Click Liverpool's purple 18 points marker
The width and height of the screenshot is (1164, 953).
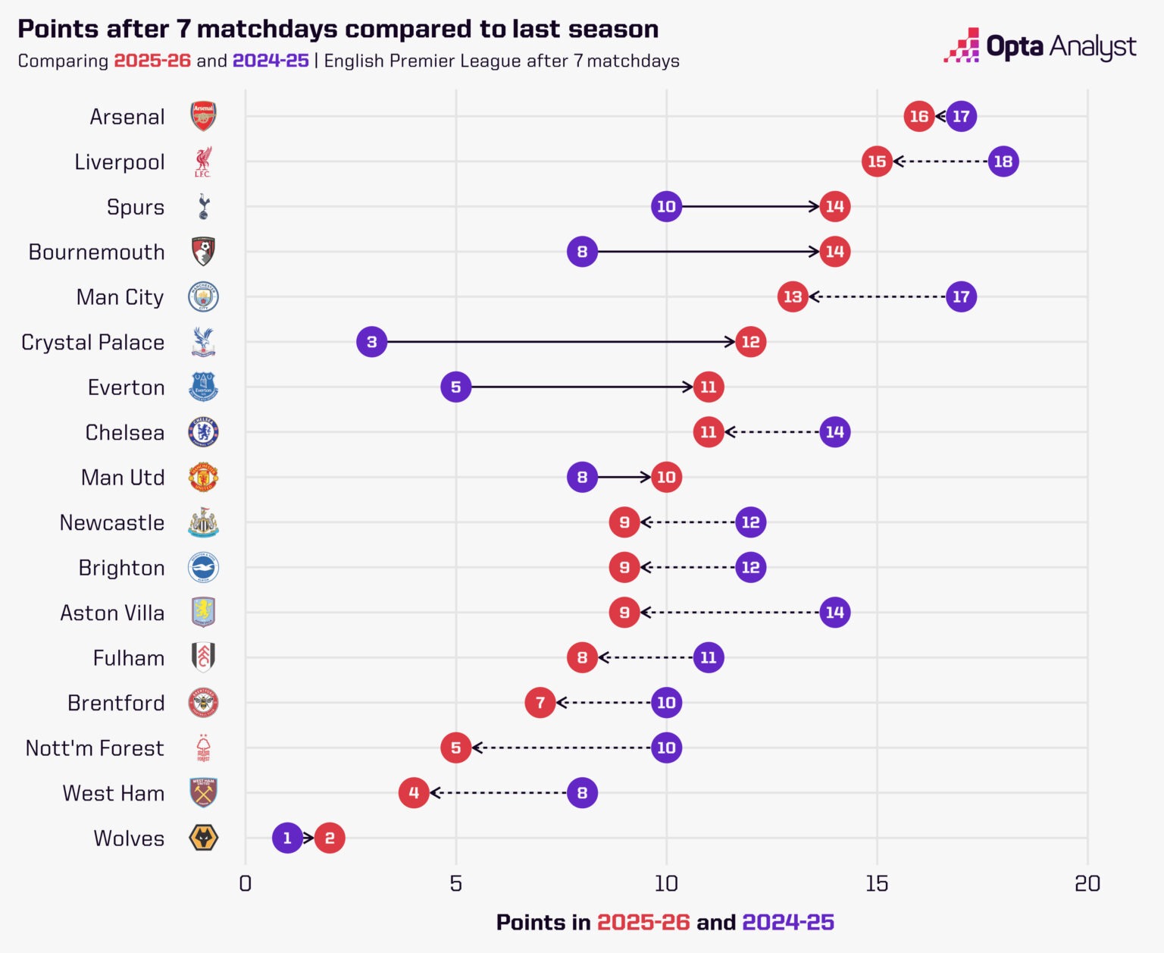[x=1003, y=161]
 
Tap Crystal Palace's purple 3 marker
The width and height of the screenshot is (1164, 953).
[x=371, y=342]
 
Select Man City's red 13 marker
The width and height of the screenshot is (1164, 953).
[x=793, y=296]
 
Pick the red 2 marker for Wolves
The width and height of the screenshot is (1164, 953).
[x=330, y=838]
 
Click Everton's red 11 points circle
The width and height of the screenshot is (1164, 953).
[x=709, y=387]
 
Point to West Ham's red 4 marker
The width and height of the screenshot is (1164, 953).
[x=414, y=793]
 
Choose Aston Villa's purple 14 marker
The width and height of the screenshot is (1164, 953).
[x=834, y=612]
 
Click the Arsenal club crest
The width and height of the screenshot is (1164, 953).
[x=203, y=117]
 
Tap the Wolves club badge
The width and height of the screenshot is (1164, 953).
[x=203, y=838]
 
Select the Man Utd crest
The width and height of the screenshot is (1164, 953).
[x=203, y=478]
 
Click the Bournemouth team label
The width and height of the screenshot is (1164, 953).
[x=96, y=252]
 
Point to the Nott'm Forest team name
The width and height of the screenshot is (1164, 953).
[x=95, y=748]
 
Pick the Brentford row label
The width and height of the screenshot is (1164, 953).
[x=116, y=704]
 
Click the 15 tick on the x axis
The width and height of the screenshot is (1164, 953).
[x=877, y=884]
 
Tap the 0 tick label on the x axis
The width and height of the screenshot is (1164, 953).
[x=245, y=884]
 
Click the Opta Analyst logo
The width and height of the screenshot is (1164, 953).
[x=1040, y=47]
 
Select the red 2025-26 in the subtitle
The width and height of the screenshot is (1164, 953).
[x=152, y=61]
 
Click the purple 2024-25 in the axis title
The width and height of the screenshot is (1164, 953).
[x=788, y=923]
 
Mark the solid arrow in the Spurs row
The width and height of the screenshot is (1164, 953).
[x=750, y=206]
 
